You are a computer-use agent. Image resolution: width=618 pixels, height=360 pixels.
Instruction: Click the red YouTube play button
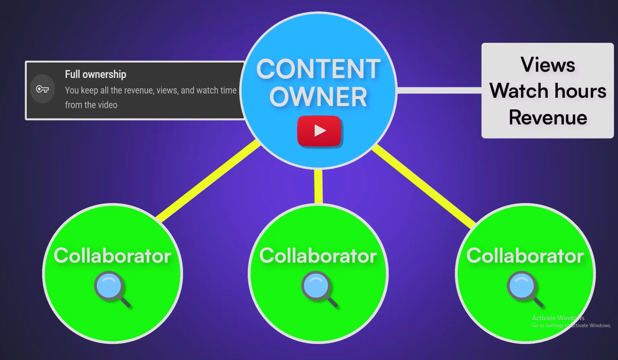click(x=319, y=131)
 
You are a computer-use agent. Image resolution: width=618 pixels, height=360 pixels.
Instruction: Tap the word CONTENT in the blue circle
click(x=318, y=69)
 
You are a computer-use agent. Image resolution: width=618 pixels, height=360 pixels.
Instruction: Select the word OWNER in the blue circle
click(x=318, y=97)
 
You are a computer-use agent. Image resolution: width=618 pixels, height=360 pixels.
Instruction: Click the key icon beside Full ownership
click(x=42, y=89)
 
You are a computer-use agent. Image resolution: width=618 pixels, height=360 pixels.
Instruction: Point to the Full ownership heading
click(x=95, y=74)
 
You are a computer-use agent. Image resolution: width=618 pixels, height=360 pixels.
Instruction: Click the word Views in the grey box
click(x=548, y=65)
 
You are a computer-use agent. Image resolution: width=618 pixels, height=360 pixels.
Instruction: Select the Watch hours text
click(x=548, y=91)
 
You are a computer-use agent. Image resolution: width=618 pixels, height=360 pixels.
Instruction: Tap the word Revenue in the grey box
click(x=548, y=117)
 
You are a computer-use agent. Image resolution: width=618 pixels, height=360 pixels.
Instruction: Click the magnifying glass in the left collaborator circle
click(x=110, y=288)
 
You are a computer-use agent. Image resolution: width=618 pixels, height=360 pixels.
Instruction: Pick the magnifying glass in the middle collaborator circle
click(x=317, y=288)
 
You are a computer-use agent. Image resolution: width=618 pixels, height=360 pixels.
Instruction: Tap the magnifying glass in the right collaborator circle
click(x=523, y=288)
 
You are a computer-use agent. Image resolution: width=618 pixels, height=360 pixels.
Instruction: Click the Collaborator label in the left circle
click(x=112, y=256)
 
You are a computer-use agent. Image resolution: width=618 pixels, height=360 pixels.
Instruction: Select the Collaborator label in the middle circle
click(x=318, y=256)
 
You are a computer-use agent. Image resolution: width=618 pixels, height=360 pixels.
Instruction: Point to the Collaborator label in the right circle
click(x=525, y=256)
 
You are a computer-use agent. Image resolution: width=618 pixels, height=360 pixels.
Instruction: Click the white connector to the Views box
click(x=439, y=90)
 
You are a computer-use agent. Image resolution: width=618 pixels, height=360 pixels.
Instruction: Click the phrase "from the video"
click(x=91, y=105)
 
